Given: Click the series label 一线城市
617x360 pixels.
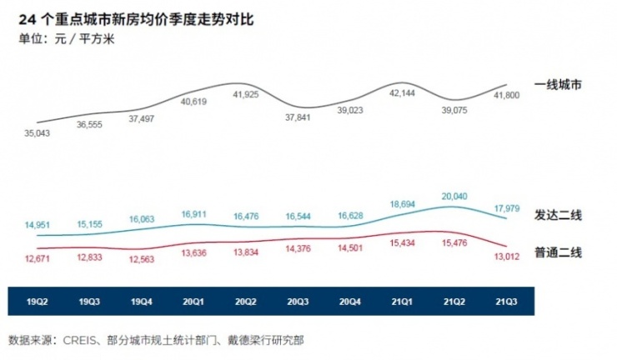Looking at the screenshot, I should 558,84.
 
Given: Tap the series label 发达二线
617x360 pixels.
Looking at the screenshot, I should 558,215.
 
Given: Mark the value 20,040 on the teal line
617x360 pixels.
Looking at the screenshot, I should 454,197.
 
